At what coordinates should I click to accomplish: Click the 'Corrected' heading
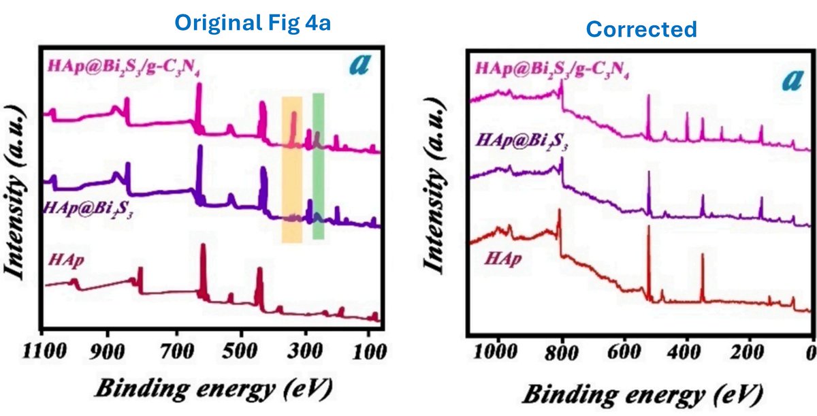(641, 29)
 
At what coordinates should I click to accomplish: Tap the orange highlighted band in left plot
(292, 169)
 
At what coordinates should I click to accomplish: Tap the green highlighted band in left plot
(318, 166)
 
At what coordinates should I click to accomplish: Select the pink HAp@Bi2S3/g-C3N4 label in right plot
(551, 69)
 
